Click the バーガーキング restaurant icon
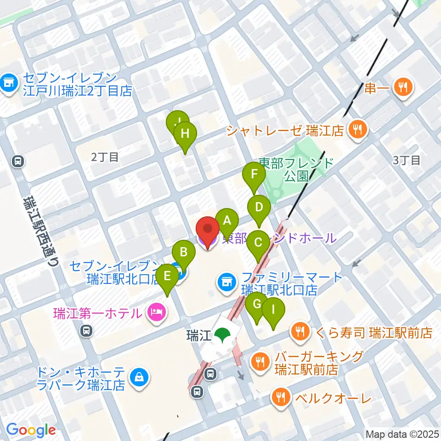[x=260, y=362]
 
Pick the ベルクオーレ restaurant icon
[x=280, y=396]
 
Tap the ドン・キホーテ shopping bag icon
[x=137, y=378]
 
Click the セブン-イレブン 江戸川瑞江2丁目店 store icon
[x=8, y=83]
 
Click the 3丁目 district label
[x=407, y=160]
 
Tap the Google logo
[x=31, y=430]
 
